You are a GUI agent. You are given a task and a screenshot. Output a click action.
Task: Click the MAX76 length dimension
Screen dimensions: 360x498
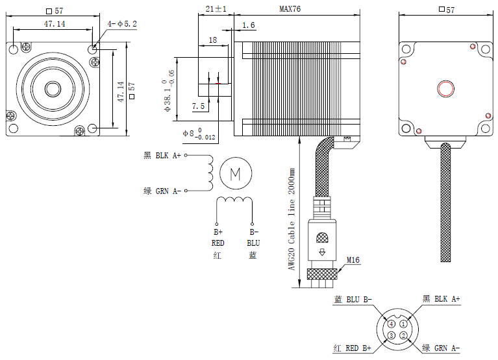tap(290, 9)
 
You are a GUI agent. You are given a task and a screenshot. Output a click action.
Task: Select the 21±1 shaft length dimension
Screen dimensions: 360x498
tap(215, 9)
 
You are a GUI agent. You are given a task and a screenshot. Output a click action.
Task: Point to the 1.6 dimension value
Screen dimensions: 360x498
tap(248, 25)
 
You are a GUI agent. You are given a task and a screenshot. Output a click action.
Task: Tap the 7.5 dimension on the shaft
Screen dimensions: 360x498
tap(198, 106)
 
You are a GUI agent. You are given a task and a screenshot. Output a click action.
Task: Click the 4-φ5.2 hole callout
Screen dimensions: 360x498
tap(123, 24)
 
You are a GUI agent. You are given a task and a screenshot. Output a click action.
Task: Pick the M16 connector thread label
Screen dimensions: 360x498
tap(353, 260)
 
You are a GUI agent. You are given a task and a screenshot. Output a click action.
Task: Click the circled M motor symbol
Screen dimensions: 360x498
tap(236, 173)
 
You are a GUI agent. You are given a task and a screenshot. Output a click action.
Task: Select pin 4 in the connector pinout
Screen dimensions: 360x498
tap(392, 324)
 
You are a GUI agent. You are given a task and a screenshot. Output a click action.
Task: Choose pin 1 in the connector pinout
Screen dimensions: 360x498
tap(403, 324)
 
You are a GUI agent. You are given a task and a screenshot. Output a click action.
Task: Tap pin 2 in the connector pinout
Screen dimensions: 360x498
tap(403, 335)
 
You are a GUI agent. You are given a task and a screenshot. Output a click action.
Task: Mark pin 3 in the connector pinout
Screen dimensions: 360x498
tap(392, 335)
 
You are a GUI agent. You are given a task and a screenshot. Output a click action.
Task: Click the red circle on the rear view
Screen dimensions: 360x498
tap(446, 88)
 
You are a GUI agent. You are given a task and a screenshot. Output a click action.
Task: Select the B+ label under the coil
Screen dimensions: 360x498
tap(218, 232)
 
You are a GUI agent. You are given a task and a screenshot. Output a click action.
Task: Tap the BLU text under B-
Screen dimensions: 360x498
tap(253, 243)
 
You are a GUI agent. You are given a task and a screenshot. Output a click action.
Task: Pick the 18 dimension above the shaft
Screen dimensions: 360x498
tap(212, 40)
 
